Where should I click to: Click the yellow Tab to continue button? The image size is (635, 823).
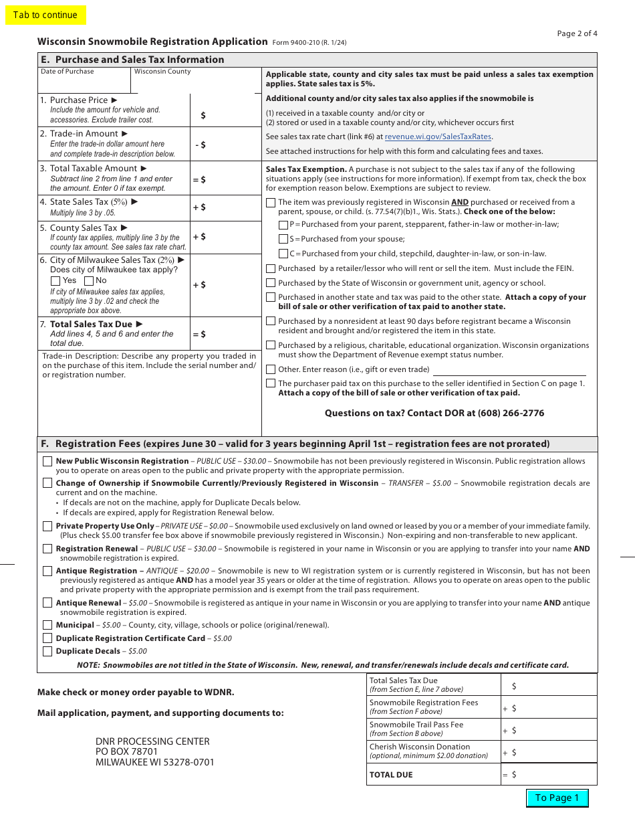point(45,15)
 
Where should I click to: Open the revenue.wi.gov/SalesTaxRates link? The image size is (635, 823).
point(438,136)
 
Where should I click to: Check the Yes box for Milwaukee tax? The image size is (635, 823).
point(55,281)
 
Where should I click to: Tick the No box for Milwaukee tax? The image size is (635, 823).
point(89,281)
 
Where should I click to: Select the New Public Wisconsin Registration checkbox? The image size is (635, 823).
point(47,462)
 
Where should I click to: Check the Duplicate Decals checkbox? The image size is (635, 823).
point(47,651)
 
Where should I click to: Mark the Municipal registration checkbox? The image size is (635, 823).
point(47,625)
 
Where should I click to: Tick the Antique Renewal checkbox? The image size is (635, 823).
point(47,603)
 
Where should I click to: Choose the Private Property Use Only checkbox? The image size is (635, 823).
point(47,527)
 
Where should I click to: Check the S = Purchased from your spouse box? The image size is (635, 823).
point(283,239)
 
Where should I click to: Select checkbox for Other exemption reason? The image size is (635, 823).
point(271,369)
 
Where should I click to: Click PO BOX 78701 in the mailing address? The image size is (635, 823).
point(126,752)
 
